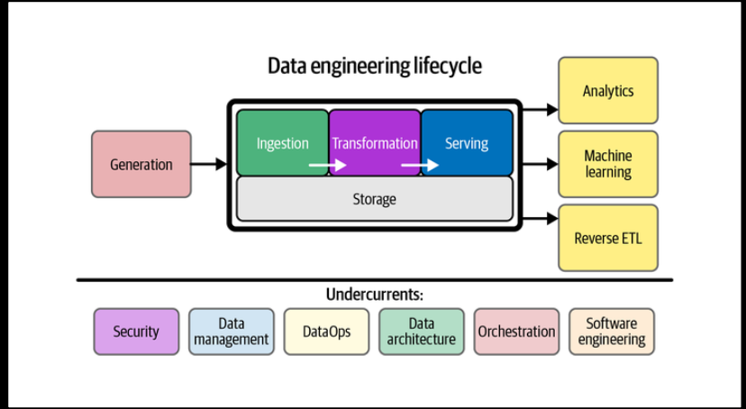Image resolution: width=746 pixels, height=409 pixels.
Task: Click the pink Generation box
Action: pyautogui.click(x=141, y=164)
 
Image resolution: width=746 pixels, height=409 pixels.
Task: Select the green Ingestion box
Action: pyautogui.click(x=282, y=142)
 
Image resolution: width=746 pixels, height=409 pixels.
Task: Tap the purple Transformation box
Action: pyautogui.click(x=375, y=142)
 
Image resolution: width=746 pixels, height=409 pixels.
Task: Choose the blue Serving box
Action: pyautogui.click(x=467, y=142)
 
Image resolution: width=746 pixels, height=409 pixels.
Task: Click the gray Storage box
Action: pyautogui.click(x=374, y=198)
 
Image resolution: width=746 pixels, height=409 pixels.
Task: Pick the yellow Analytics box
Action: pyautogui.click(x=608, y=90)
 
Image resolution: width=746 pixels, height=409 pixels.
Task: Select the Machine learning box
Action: pyautogui.click(x=608, y=164)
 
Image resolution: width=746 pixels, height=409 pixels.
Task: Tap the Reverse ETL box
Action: pyautogui.click(x=608, y=238)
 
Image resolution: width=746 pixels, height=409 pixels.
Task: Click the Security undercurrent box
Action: pyautogui.click(x=136, y=332)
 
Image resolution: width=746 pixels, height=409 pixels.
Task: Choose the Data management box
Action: pyautogui.click(x=232, y=332)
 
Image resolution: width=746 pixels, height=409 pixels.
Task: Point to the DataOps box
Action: pyautogui.click(x=326, y=332)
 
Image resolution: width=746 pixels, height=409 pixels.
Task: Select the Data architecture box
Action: pyautogui.click(x=422, y=332)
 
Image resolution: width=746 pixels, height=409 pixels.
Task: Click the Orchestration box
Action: pyautogui.click(x=516, y=332)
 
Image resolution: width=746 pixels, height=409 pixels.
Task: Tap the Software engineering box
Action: pyautogui.click(x=612, y=332)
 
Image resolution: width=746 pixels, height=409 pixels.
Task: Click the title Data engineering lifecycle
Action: pyautogui.click(x=374, y=66)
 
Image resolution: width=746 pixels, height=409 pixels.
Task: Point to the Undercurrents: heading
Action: pyautogui.click(x=374, y=295)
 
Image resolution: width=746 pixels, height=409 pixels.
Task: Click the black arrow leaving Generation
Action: pyautogui.click(x=209, y=164)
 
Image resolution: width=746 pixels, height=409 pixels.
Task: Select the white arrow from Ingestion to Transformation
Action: pyautogui.click(x=327, y=165)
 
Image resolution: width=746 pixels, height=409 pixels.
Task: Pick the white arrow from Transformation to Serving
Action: pyautogui.click(x=420, y=165)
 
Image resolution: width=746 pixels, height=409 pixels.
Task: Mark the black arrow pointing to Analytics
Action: pyautogui.click(x=541, y=109)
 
